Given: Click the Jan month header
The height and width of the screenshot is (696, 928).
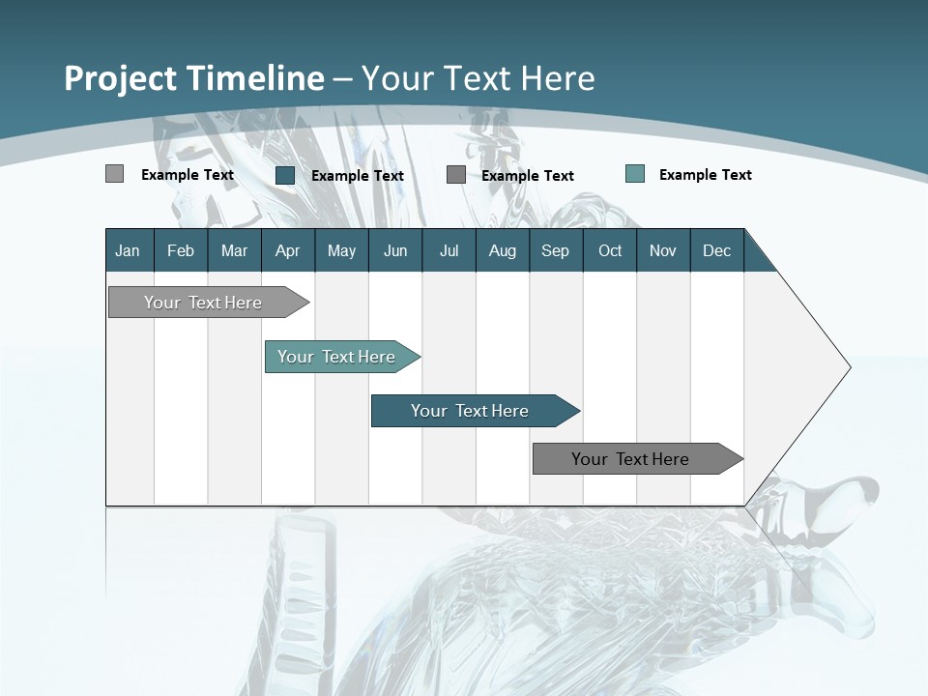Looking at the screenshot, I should (128, 250).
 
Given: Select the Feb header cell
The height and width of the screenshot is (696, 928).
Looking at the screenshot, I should (181, 250).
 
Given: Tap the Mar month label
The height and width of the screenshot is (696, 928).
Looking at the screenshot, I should (234, 250).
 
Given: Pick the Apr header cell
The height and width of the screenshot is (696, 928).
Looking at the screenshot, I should (287, 250).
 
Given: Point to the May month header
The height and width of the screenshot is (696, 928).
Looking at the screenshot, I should (341, 250).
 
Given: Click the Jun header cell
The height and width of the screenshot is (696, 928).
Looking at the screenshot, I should (395, 250).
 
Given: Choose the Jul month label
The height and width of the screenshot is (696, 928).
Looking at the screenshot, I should (449, 250).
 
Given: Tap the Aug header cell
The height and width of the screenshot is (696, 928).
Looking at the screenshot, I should (503, 250).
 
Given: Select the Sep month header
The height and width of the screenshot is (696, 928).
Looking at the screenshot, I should (556, 250).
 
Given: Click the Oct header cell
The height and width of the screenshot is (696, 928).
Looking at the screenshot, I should (610, 250).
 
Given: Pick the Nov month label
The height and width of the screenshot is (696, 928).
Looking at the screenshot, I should (663, 250).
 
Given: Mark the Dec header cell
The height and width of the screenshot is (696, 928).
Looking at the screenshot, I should (717, 250).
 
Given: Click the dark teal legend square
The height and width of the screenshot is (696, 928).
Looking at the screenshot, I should (285, 175).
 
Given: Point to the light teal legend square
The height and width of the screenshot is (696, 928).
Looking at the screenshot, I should (635, 174).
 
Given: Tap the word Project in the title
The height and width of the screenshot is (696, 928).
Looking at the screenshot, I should (121, 78).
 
